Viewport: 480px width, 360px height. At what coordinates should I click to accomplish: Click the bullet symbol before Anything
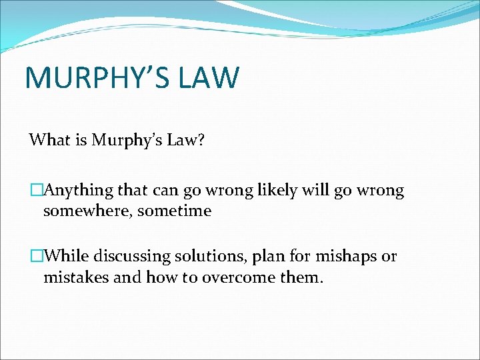[x=36, y=191]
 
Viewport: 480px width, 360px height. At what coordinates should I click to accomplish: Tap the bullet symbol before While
[x=36, y=257]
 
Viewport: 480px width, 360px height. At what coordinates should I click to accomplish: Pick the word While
[x=67, y=257]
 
